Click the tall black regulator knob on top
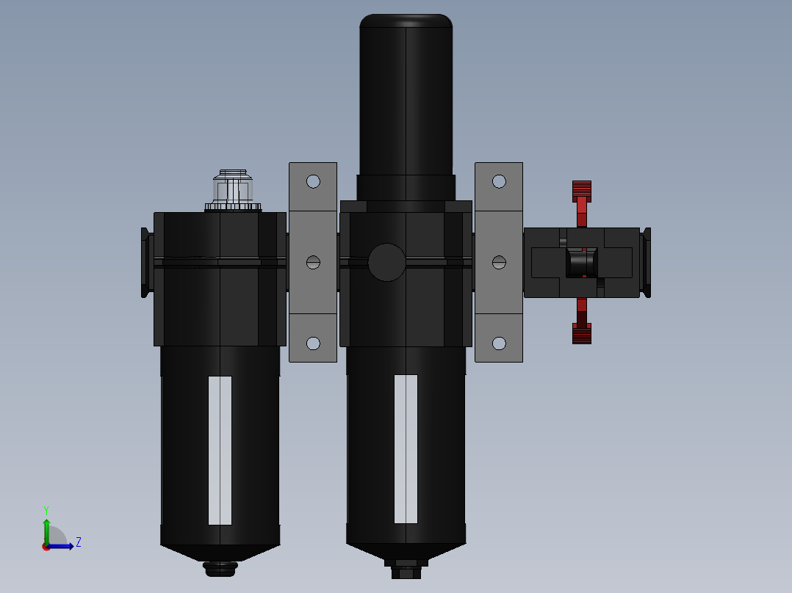(406, 95)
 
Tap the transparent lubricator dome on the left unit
(233, 189)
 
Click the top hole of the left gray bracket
(313, 181)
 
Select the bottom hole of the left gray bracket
(313, 343)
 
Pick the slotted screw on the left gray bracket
(313, 262)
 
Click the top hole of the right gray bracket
(499, 181)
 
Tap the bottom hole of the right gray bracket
(499, 343)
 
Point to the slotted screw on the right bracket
(499, 262)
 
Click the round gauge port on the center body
(386, 262)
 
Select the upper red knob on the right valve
(581, 191)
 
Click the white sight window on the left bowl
(220, 450)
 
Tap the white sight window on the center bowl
(406, 448)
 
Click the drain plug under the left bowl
(220, 568)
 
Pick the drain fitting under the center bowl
(406, 568)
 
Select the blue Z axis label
(78, 542)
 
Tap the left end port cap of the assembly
(145, 262)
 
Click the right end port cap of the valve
(647, 262)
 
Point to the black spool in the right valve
(581, 262)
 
